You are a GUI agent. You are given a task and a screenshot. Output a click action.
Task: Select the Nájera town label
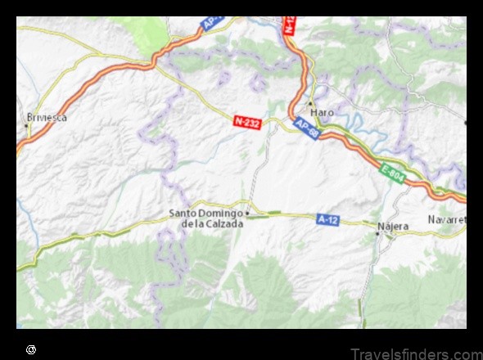pos(393,224)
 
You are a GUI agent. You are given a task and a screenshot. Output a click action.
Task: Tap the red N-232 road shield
pos(247,122)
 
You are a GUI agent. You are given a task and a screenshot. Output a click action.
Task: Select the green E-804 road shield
pos(392,174)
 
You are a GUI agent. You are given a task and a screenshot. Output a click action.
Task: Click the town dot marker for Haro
pos(311,103)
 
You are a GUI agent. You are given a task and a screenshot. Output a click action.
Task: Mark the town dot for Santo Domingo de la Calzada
pos(248,214)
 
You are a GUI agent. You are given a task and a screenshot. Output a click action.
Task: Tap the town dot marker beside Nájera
pos(377,234)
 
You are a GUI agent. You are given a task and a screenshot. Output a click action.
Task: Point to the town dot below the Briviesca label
pos(28,126)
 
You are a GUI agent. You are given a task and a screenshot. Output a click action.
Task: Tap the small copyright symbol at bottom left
pos(31,349)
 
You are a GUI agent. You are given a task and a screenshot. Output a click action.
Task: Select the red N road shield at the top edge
pos(289,25)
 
